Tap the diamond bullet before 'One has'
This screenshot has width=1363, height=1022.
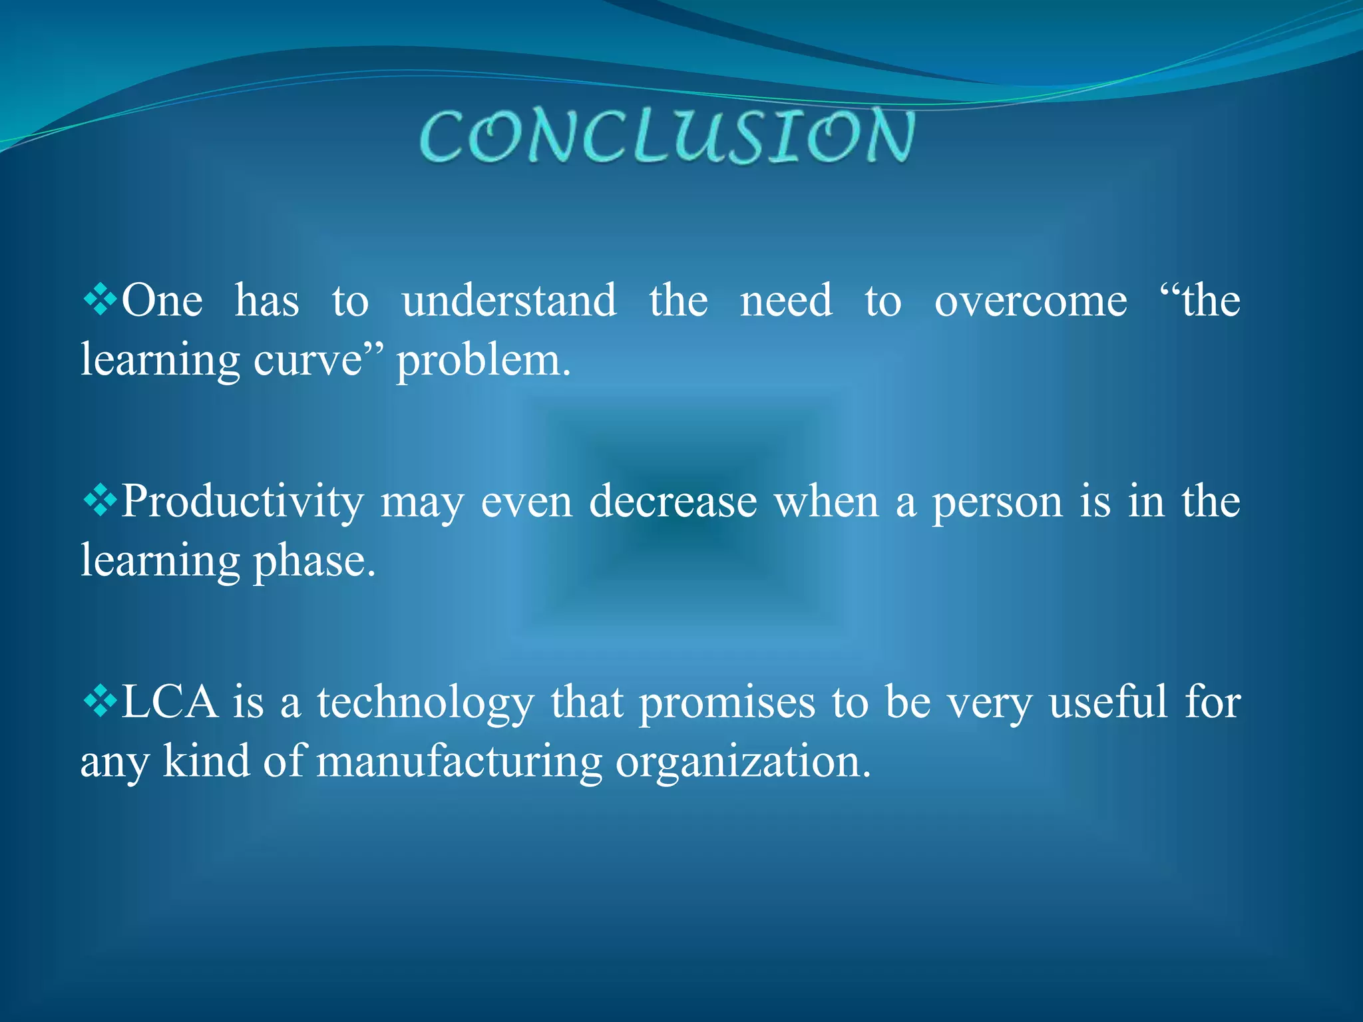pyautogui.click(x=100, y=299)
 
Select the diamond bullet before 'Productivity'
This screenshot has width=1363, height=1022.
pyautogui.click(x=100, y=500)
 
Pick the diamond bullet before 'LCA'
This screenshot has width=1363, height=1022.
pyautogui.click(x=100, y=701)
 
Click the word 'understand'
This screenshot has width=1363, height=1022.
pyautogui.click(x=509, y=301)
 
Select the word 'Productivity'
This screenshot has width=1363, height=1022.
pyautogui.click(x=243, y=502)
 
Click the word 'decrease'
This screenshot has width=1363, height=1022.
pyautogui.click(x=673, y=502)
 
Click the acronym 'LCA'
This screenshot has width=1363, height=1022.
pyautogui.click(x=170, y=702)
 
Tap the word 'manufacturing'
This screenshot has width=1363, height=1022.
pyautogui.click(x=459, y=763)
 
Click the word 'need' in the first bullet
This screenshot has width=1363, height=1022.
pyautogui.click(x=786, y=301)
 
